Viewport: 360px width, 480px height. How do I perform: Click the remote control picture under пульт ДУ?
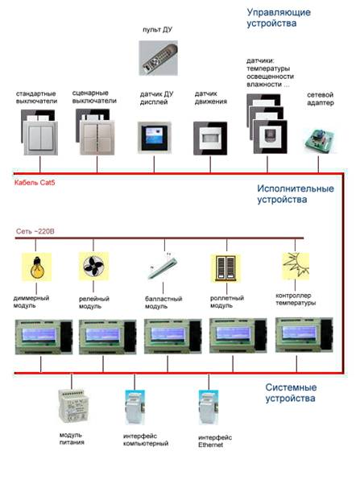click(x=158, y=58)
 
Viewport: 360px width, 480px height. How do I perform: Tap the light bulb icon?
click(x=37, y=267)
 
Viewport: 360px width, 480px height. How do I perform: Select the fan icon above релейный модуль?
click(x=93, y=266)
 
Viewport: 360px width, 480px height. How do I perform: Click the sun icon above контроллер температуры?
click(x=296, y=266)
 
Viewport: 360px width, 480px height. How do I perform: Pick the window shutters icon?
click(x=226, y=268)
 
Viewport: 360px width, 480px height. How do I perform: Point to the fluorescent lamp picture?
click(x=163, y=267)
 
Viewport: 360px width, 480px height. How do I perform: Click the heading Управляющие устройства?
click(x=279, y=18)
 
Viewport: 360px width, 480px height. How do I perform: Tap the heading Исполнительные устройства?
click(x=295, y=194)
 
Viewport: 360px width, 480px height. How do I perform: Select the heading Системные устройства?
click(x=291, y=393)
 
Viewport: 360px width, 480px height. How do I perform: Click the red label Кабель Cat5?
click(x=35, y=183)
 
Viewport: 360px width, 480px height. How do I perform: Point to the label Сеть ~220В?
click(x=35, y=231)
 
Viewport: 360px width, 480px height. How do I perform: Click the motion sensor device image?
click(x=210, y=139)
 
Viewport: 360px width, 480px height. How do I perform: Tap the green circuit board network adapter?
click(x=320, y=141)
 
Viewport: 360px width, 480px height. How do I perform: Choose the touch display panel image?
click(x=155, y=138)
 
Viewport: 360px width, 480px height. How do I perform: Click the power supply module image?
click(x=73, y=406)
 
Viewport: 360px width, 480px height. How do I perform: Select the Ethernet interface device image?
click(x=209, y=407)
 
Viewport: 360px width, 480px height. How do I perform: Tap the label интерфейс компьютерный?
click(x=146, y=440)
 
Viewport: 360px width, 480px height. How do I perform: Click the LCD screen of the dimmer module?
click(x=39, y=334)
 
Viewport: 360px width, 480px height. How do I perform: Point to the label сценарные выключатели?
click(x=94, y=97)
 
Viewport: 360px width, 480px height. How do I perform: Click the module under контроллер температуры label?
click(x=304, y=334)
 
